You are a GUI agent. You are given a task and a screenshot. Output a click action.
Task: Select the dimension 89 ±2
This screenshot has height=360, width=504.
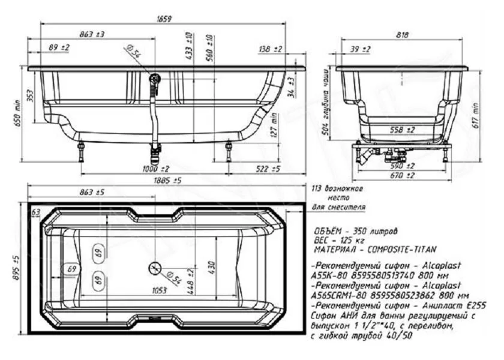click(x=59, y=47)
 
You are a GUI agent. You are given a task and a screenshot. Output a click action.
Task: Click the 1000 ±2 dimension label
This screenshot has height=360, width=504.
click(x=155, y=169)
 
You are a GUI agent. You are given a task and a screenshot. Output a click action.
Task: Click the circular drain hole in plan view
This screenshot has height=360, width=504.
click(x=154, y=268)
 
